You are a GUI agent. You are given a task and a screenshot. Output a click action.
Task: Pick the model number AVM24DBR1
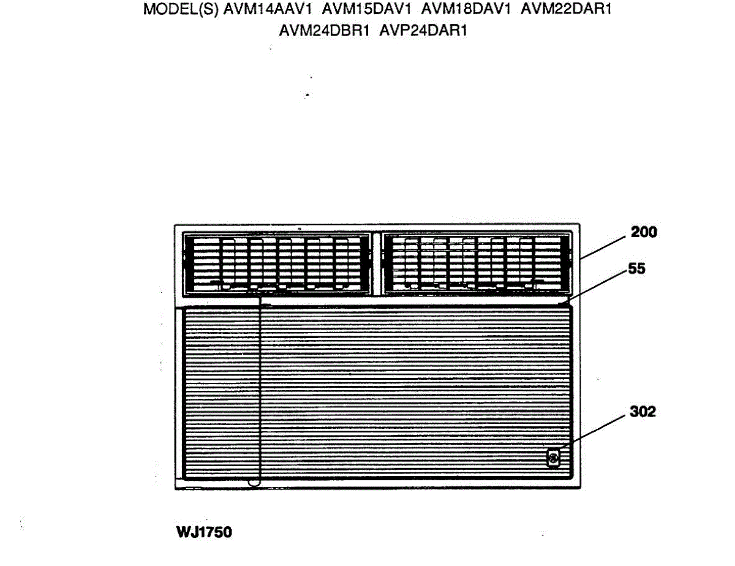[325, 30]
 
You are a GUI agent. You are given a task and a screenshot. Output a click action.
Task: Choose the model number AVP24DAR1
[423, 30]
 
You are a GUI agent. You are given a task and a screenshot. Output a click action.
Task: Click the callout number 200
[644, 232]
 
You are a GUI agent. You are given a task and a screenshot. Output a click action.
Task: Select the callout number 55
[637, 268]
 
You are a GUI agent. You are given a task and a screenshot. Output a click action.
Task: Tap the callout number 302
[643, 412]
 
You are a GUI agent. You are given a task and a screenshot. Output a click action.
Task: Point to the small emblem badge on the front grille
[553, 458]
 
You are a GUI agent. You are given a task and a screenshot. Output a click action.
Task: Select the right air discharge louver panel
[475, 263]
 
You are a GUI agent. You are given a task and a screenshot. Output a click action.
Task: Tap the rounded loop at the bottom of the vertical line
[252, 483]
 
